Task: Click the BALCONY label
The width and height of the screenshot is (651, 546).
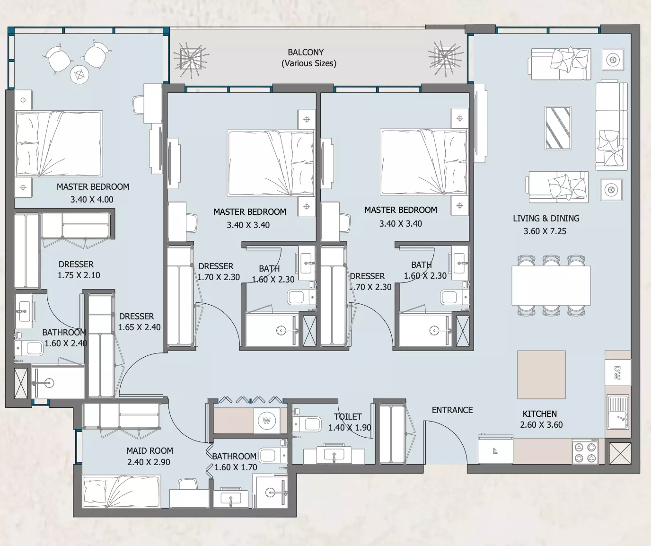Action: pos(306,52)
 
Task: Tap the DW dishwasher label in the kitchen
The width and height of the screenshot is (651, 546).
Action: pos(617,373)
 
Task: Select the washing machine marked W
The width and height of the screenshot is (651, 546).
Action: pos(267,421)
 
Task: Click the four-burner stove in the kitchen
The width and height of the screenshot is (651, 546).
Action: pos(585,451)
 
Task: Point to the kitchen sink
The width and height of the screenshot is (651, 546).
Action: pos(618,412)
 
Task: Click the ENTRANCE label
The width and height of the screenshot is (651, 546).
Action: pos(452,410)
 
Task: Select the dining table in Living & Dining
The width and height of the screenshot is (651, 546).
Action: pos(551,285)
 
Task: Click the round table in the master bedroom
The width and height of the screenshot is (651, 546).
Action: pos(79,75)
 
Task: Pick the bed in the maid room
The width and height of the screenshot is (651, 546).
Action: pos(122,492)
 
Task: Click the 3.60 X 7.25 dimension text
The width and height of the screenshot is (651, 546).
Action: pos(545,231)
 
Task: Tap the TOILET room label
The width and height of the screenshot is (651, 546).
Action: pos(348,416)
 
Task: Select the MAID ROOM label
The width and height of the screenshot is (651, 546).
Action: pos(150,450)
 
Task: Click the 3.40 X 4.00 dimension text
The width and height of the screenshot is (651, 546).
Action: pos(92,199)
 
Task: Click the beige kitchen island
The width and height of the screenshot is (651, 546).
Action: pos(541,375)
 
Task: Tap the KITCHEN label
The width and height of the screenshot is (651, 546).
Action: pos(540,414)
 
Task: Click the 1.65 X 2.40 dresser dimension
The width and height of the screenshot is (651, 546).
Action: pos(139,327)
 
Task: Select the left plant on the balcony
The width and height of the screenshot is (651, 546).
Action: pos(191,60)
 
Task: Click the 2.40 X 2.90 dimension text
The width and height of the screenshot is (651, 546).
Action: pos(149,462)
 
